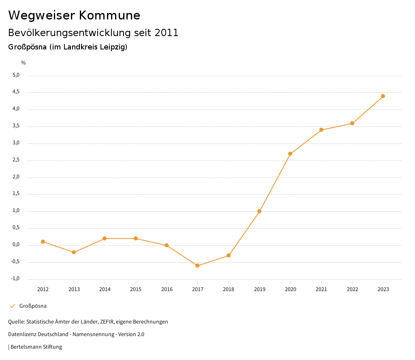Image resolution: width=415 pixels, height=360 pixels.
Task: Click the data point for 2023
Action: click(383, 96)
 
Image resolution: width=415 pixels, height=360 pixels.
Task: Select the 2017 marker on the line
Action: click(197, 266)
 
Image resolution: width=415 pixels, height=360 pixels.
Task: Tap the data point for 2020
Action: click(290, 154)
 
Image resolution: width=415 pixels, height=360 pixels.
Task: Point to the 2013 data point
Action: click(74, 252)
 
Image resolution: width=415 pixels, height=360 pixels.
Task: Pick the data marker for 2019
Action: click(259, 211)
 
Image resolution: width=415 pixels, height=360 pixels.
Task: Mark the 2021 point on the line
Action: click(321, 130)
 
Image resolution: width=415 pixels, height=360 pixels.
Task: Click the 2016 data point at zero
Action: click(167, 245)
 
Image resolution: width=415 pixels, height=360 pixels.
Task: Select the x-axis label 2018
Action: click(229, 289)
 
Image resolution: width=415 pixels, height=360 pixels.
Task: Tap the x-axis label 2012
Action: click(43, 289)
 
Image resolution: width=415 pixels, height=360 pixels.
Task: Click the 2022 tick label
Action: click(352, 289)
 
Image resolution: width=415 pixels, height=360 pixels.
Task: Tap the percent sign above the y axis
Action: click(24, 62)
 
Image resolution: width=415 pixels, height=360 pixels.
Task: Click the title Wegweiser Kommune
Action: click(74, 15)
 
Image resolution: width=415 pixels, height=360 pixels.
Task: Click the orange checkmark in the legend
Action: click(12, 306)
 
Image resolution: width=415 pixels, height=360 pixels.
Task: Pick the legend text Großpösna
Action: click(33, 306)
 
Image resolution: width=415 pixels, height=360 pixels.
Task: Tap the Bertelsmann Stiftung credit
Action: click(36, 347)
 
